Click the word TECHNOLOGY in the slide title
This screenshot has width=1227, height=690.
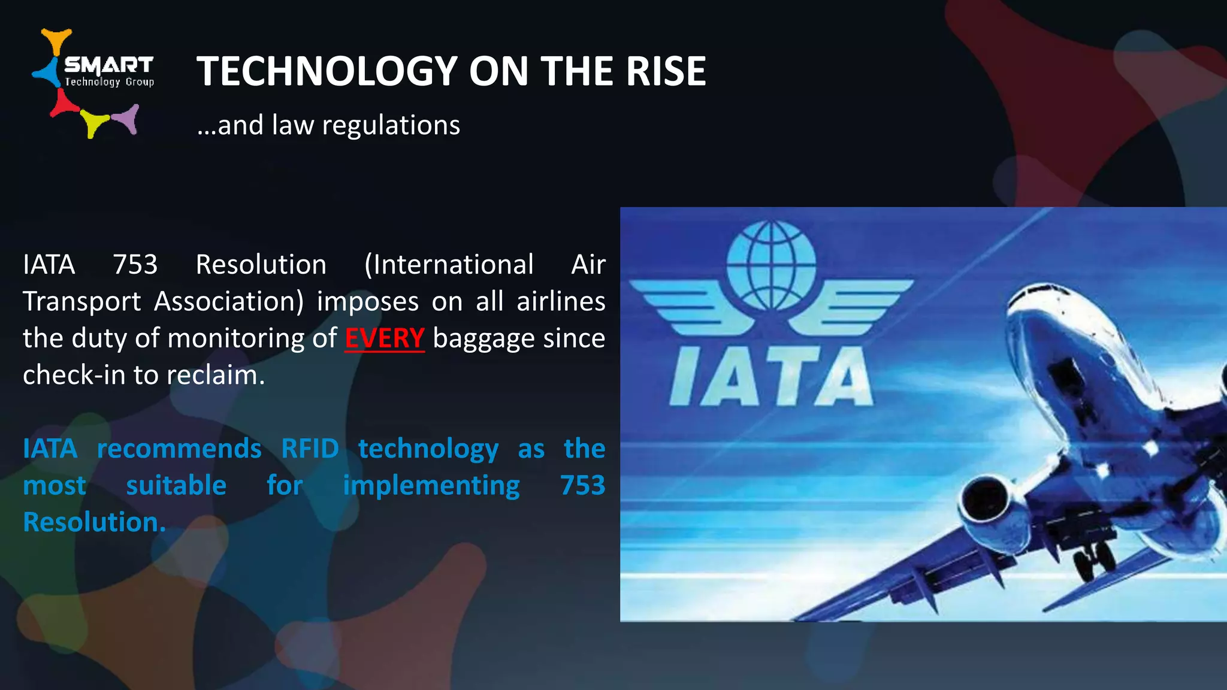pos(327,71)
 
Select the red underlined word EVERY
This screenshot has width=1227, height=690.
pos(385,338)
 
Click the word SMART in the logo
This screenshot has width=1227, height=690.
pos(108,65)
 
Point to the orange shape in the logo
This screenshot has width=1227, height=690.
pos(56,41)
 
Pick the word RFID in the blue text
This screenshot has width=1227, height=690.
pos(310,449)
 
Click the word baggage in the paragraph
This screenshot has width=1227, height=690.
pos(484,338)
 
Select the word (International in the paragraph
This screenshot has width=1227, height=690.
pos(449,265)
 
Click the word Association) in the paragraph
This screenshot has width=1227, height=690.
pos(229,301)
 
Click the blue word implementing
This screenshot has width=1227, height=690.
pos(431,485)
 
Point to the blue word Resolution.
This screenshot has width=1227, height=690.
pos(93,522)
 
